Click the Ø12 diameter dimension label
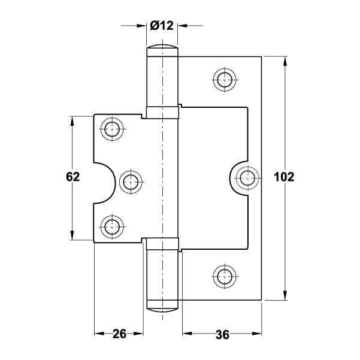tap(162, 25)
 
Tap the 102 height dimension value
tap(284, 177)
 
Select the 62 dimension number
tap(73, 177)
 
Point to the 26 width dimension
tap(119, 334)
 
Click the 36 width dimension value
tap(222, 334)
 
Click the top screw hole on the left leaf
tap(112, 129)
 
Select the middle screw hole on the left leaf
tap(131, 182)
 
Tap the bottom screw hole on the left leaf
tap(112, 227)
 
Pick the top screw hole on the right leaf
tap(225, 80)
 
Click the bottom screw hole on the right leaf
tap(225, 276)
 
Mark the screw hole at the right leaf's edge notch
tap(247, 178)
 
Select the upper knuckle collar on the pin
tap(162, 113)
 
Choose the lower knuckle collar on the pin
tap(162, 244)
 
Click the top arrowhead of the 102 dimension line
tap(285, 61)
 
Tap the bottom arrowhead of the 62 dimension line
tap(72, 235)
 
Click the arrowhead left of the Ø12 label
tap(141, 26)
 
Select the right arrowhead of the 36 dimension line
tap(257, 334)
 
